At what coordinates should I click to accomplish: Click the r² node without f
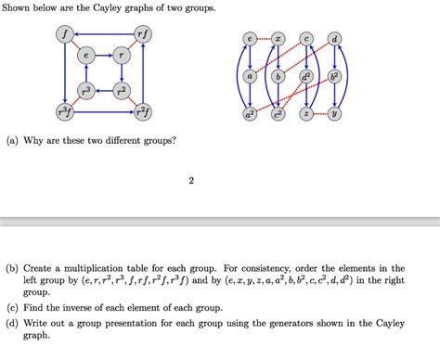121,91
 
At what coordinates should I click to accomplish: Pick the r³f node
63,112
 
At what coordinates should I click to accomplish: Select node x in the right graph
277,39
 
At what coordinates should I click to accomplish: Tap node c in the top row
305,39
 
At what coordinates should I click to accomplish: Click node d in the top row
334,39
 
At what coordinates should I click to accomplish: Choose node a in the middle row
249,76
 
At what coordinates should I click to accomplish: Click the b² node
334,76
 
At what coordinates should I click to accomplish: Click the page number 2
190,180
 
